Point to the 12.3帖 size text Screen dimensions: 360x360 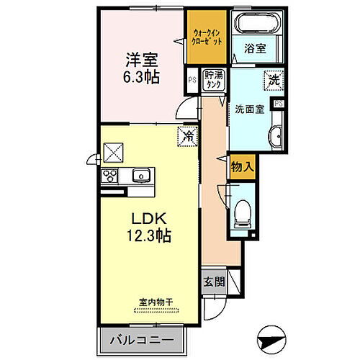(150, 235)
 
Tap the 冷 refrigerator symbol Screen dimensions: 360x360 (186, 135)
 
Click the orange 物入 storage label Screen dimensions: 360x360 (242, 166)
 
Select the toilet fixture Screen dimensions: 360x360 (243, 213)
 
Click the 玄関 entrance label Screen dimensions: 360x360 (213, 282)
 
